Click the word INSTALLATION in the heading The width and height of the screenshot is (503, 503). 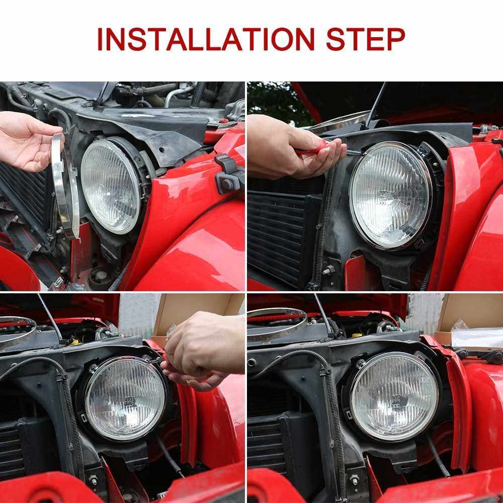[x=206, y=39]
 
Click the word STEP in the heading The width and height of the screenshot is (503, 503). [x=365, y=39]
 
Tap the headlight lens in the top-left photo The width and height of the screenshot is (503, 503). [x=110, y=187]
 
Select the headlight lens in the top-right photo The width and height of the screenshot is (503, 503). [x=390, y=195]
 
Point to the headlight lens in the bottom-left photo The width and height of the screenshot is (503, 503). [x=125, y=399]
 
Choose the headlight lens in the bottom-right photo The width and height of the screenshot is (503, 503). [x=394, y=396]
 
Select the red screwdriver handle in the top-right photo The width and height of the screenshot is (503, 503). [x=313, y=149]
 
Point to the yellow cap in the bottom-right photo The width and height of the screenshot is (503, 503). [x=356, y=335]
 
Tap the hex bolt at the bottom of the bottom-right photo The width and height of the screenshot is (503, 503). [x=354, y=479]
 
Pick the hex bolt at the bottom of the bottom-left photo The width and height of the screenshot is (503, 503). [x=93, y=480]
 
